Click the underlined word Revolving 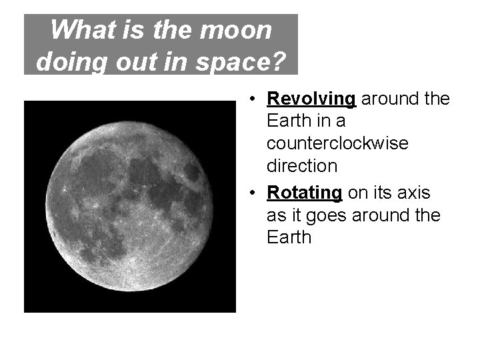point(311,99)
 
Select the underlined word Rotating point(305,193)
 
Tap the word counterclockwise point(337,144)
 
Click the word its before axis point(382,193)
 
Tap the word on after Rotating point(357,193)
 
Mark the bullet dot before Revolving point(253,100)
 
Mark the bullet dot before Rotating point(253,193)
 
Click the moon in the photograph point(131,205)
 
